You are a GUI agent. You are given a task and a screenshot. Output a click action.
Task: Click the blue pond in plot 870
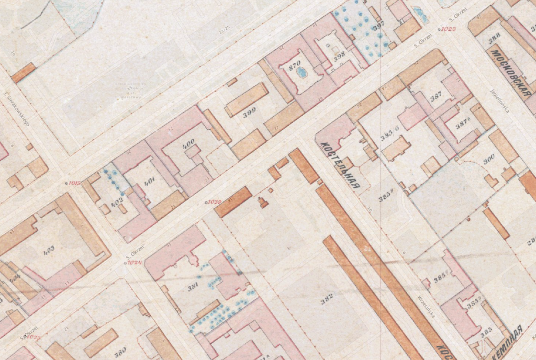point(301,73)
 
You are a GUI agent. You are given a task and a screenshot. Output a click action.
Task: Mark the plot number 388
point(493,40)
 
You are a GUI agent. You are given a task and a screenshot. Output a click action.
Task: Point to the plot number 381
point(193,286)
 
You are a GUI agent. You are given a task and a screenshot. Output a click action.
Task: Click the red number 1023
point(448,29)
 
